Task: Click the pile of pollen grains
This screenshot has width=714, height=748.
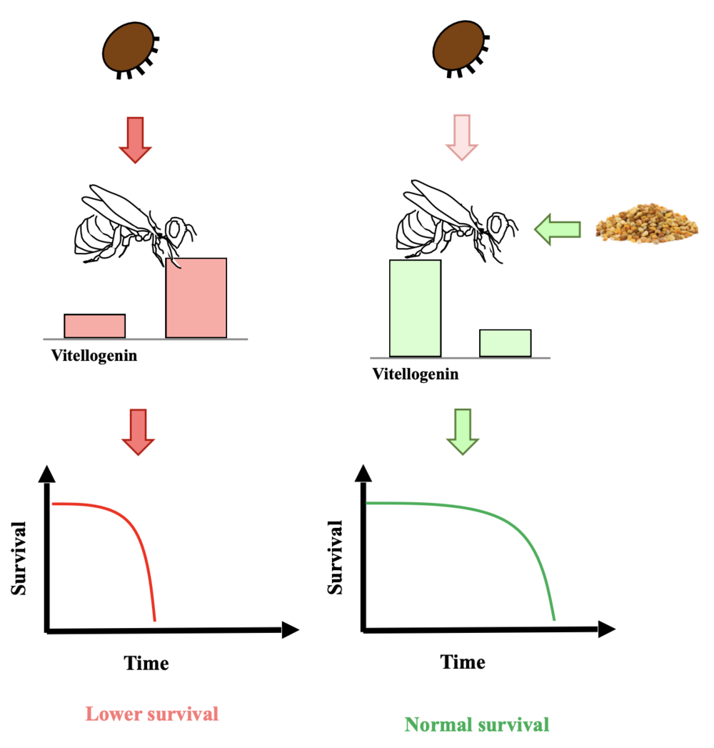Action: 647,225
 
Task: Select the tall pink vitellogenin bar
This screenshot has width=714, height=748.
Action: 196,298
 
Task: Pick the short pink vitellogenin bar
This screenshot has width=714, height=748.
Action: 95,326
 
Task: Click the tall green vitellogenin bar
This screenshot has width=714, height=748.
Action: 415,308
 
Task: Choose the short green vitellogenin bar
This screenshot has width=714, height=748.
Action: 505,343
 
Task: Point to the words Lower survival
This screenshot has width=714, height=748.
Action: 151,714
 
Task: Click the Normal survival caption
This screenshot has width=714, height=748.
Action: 477,725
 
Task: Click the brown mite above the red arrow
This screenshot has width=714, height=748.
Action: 129,50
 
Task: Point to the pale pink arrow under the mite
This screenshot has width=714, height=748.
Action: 461,136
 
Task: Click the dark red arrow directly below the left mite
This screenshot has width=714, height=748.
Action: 136,139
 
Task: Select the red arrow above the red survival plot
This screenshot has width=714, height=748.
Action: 138,432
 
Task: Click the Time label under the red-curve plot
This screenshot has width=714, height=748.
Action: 147,663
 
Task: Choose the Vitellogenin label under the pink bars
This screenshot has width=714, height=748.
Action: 94,355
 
